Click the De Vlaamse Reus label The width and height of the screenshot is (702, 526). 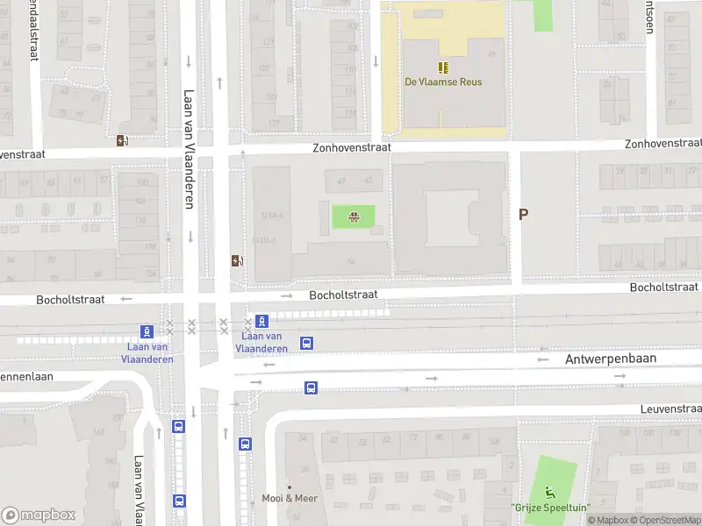click(443, 82)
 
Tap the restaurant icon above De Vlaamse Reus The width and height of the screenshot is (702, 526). click(443, 67)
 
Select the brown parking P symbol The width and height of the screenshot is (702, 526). click(524, 215)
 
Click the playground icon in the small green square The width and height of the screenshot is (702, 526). click(354, 217)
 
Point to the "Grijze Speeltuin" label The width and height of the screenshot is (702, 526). click(550, 508)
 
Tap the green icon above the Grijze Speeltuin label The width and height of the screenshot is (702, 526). click(550, 492)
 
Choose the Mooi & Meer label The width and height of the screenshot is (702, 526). click(290, 499)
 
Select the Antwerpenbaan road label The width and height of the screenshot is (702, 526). click(611, 359)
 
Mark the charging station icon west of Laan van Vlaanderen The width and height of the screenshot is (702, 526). click(122, 140)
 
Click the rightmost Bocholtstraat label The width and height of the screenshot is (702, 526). click(665, 288)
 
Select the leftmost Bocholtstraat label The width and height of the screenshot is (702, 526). click(70, 300)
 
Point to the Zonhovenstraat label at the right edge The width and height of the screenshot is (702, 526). click(663, 144)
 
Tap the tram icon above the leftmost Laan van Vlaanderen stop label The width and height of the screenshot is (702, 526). click(147, 331)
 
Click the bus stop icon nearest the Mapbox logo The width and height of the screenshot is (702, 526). click(179, 501)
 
